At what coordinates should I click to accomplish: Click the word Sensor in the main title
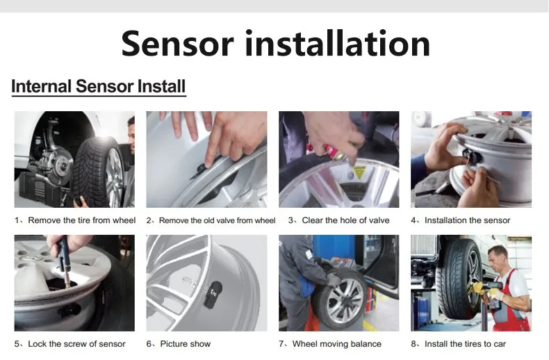pos(177,43)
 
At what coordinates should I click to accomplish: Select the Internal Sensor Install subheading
pos(99,86)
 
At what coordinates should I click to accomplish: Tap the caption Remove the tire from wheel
pos(81,220)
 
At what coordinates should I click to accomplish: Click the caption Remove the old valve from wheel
pos(217,220)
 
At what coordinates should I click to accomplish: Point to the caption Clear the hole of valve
pos(345,220)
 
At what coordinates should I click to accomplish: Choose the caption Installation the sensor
pos(468,220)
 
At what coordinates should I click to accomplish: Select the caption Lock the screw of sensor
pos(76,344)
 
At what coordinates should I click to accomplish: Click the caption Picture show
pos(186,344)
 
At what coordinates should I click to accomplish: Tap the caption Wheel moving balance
pos(337,344)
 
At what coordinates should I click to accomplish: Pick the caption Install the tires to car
pos(466,344)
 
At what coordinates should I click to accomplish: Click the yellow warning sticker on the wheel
pos(359,172)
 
